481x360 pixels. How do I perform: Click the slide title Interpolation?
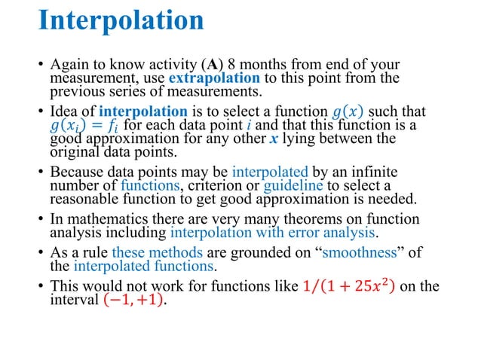pyautogui.click(x=121, y=20)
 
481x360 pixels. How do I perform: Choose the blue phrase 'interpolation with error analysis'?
pyautogui.click(x=273, y=232)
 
